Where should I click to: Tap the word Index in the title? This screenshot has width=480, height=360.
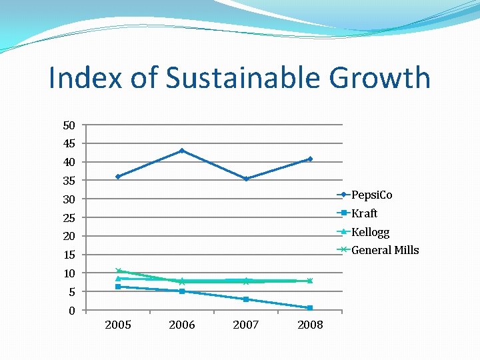pyautogui.click(x=86, y=78)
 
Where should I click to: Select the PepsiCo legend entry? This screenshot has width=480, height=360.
pyautogui.click(x=371, y=195)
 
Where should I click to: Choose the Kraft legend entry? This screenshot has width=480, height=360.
pyautogui.click(x=364, y=213)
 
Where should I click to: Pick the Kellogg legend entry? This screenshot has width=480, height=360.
pyautogui.click(x=370, y=232)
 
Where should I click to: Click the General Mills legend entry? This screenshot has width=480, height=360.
pyautogui.click(x=385, y=250)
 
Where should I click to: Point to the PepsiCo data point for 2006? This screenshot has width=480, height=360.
pyautogui.click(x=182, y=151)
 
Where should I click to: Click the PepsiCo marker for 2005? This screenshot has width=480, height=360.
pyautogui.click(x=118, y=177)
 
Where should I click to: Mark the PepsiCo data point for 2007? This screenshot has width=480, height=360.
pyautogui.click(x=246, y=179)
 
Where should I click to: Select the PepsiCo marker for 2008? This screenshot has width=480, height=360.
pyautogui.click(x=310, y=159)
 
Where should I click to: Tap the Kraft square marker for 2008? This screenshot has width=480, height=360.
pyautogui.click(x=310, y=308)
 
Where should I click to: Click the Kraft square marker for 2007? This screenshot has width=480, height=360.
pyautogui.click(x=246, y=299)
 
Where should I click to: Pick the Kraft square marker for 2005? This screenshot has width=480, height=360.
pyautogui.click(x=118, y=287)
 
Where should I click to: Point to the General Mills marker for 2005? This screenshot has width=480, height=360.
pyautogui.click(x=118, y=271)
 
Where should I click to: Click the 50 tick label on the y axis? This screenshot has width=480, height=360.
pyautogui.click(x=69, y=125)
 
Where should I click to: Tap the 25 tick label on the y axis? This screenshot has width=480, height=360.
pyautogui.click(x=69, y=218)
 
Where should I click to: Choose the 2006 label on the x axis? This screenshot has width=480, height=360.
pyautogui.click(x=182, y=325)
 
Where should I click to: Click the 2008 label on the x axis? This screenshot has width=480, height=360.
pyautogui.click(x=310, y=325)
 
